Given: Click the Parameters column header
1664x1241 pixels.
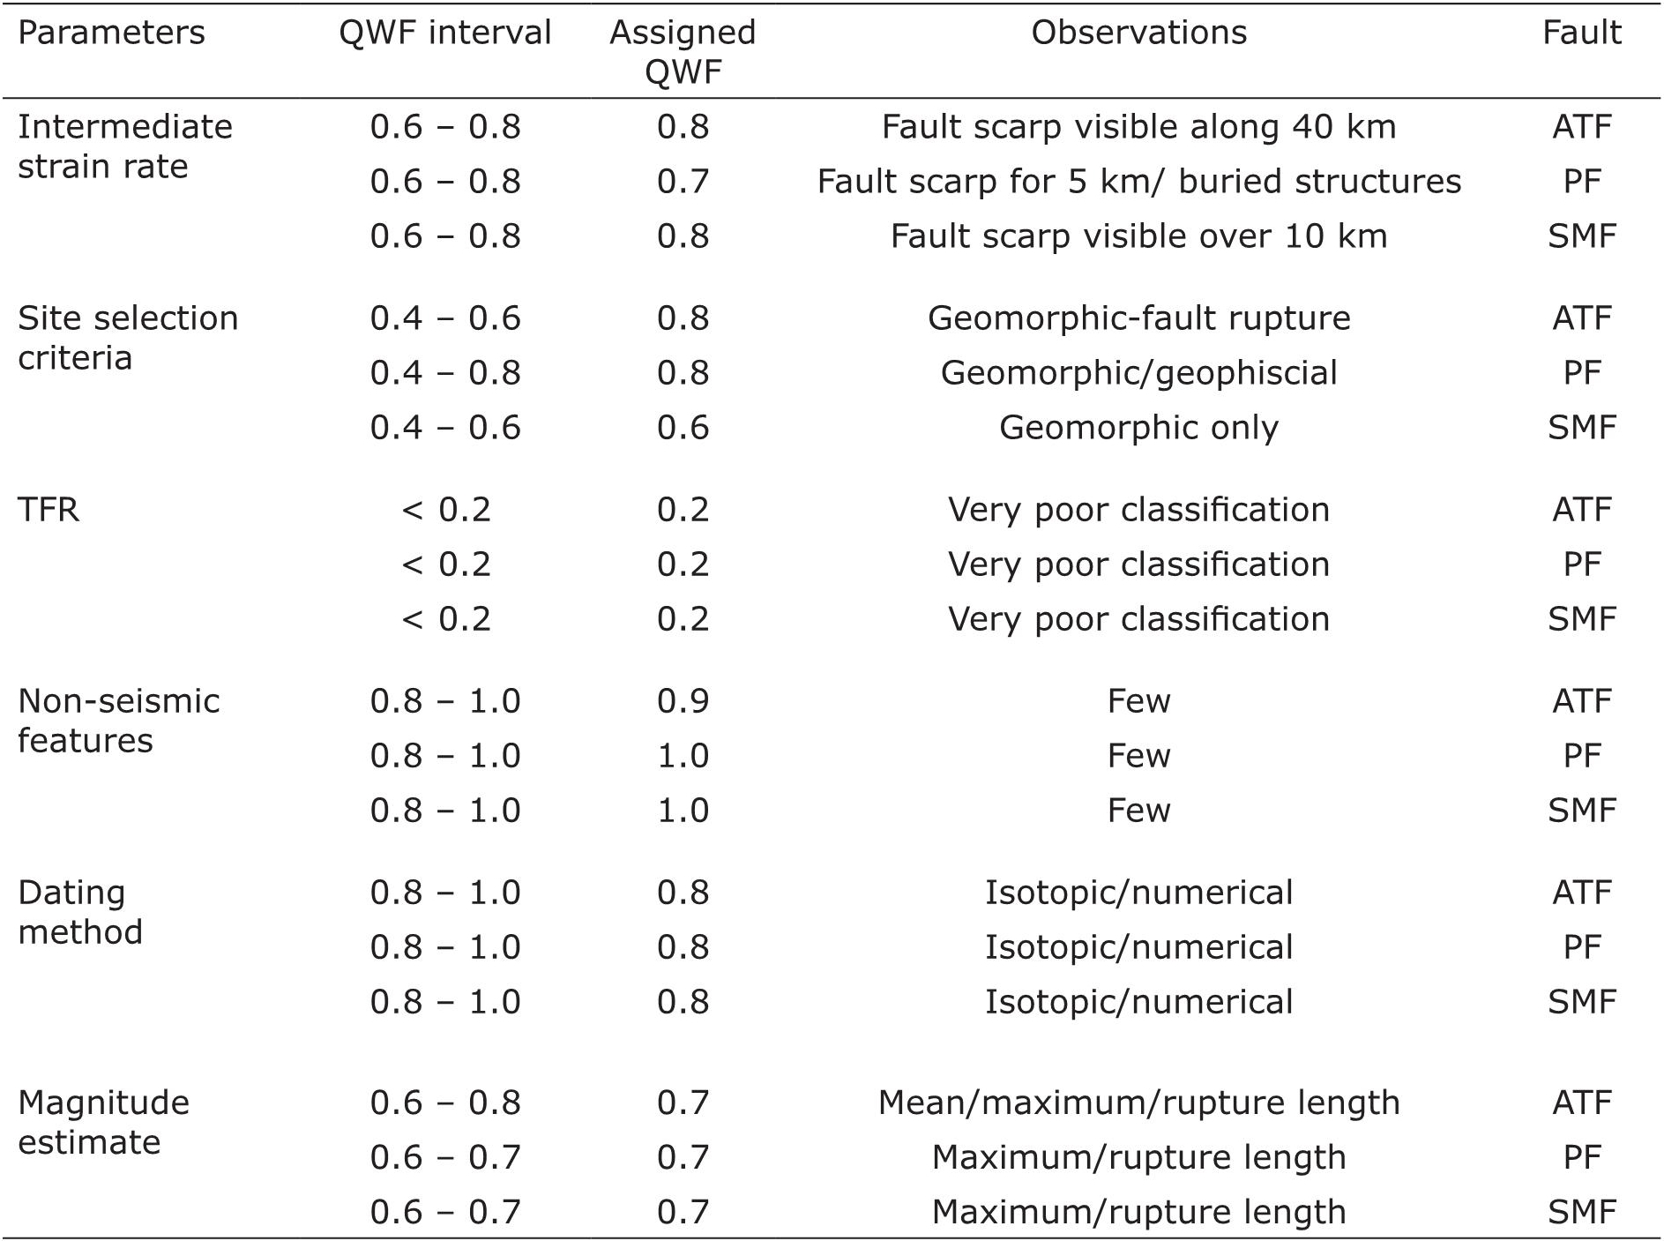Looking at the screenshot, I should pyautogui.click(x=111, y=34).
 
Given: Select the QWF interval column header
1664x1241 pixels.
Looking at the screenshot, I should pyautogui.click(x=445, y=34).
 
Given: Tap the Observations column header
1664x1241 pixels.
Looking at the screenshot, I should pyautogui.click(x=1138, y=34).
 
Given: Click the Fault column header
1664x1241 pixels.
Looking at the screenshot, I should pyautogui.click(x=1581, y=34).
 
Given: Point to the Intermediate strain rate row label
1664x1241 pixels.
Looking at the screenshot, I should pyautogui.click(x=124, y=146).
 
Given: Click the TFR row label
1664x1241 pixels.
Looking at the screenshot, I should pyautogui.click(x=49, y=510).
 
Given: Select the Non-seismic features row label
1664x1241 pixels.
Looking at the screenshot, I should pyautogui.click(x=118, y=721).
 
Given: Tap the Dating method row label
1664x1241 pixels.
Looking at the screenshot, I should pyautogui.click(x=79, y=912).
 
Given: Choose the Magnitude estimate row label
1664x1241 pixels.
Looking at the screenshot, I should pyautogui.click(x=103, y=1122).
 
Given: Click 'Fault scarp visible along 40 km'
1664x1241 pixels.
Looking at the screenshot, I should pyautogui.click(x=1138, y=127).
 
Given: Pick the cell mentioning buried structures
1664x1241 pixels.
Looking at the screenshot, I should pyautogui.click(x=1138, y=182).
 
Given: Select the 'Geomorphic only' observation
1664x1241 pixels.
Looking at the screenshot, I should pyautogui.click(x=1138, y=428).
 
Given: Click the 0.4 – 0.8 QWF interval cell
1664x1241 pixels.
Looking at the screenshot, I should pyautogui.click(x=445, y=373).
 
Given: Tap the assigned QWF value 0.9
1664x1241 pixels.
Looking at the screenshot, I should pyautogui.click(x=683, y=701).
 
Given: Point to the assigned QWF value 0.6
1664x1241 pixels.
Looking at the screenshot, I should pyautogui.click(x=683, y=428).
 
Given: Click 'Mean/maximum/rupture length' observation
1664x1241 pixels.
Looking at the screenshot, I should pyautogui.click(x=1138, y=1103).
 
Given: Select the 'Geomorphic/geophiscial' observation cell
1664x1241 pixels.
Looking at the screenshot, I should pyautogui.click(x=1138, y=373).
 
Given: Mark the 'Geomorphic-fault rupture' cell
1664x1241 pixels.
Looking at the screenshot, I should pyautogui.click(x=1138, y=318).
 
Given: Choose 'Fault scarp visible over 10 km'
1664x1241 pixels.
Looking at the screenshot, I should pyautogui.click(x=1138, y=236).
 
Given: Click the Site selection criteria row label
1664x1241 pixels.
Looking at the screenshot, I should pyautogui.click(x=128, y=338).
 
